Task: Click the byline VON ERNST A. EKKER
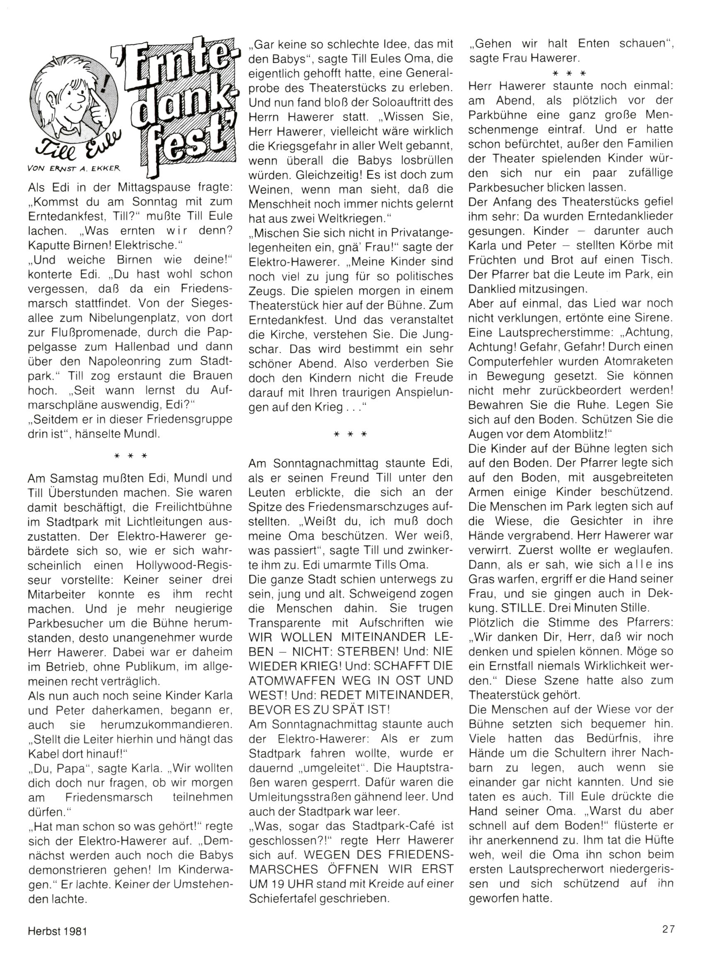73,169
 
